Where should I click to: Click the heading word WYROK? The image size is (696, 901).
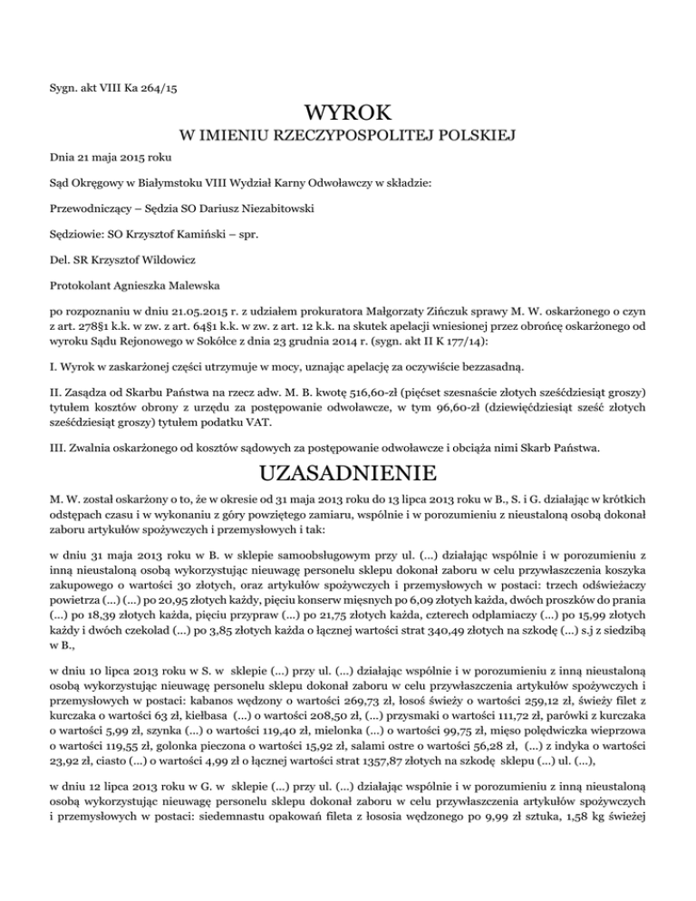(347, 114)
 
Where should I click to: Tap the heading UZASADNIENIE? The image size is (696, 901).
(347, 474)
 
